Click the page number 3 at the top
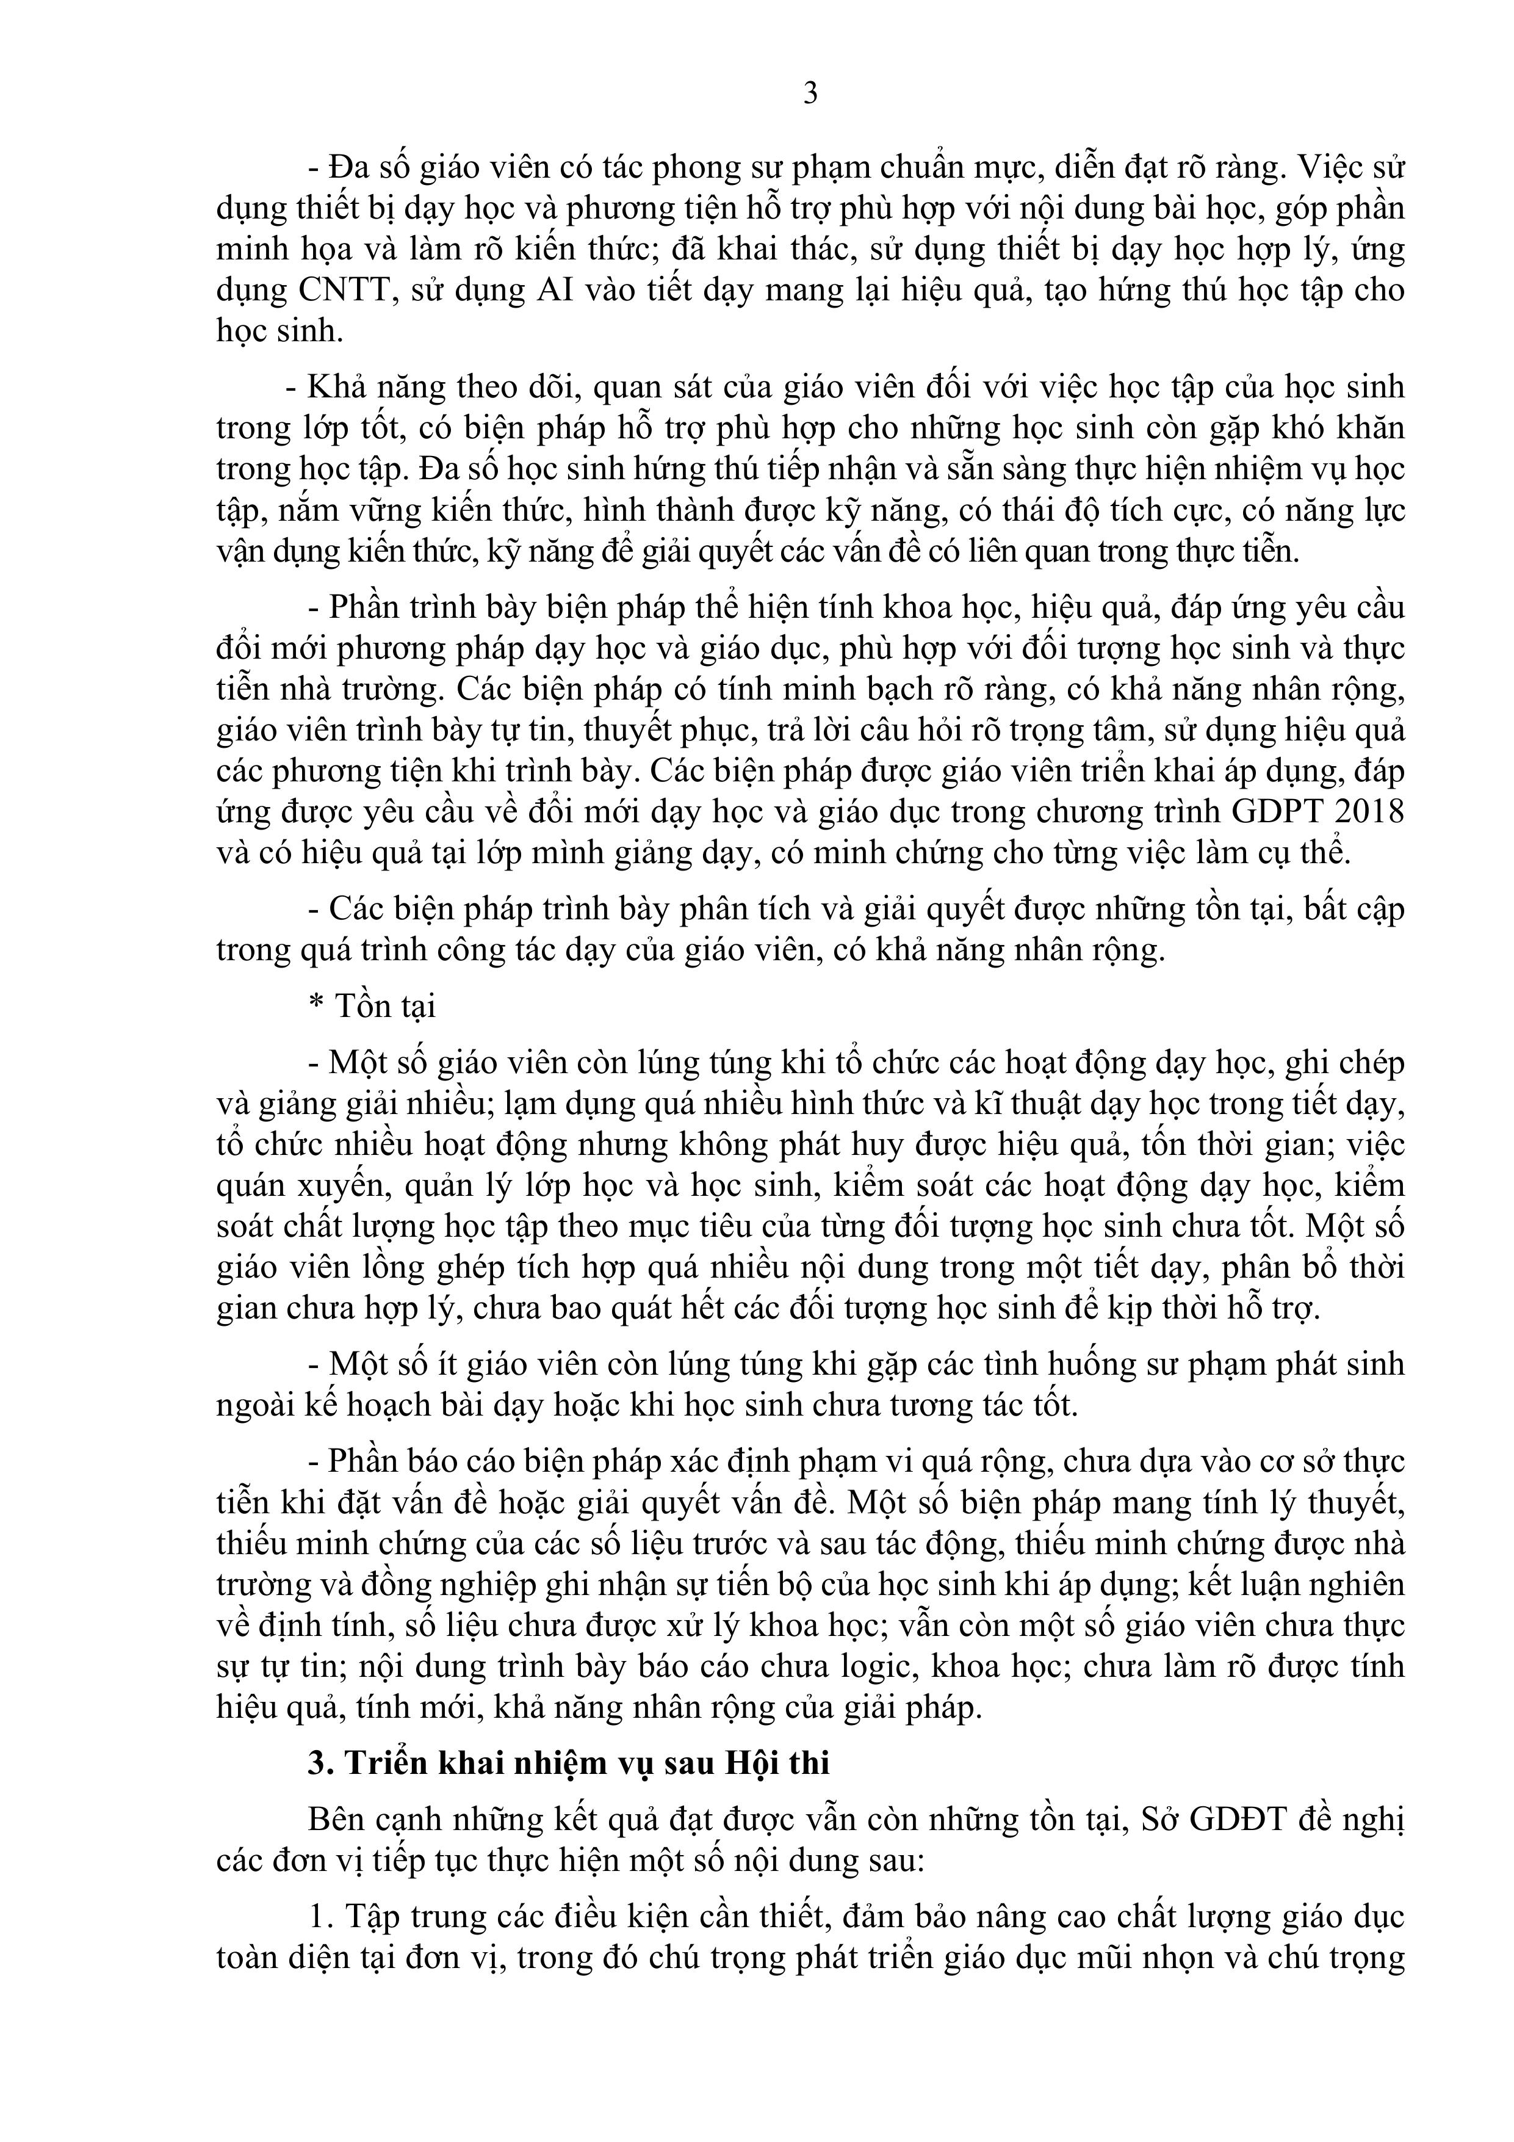810,93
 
